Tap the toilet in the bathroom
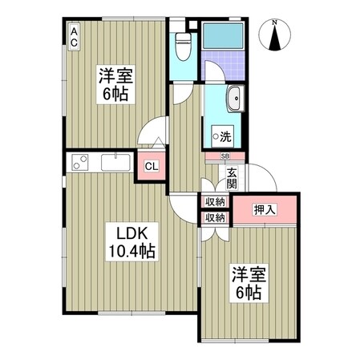pos(182,46)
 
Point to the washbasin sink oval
pos(237,102)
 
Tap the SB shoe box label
pos(225,156)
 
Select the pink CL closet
pos(150,167)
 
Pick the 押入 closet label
pos(265,210)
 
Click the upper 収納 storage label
pos(214,202)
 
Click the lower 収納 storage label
pos(214,217)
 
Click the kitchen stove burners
pos(80,163)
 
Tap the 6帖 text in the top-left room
pos(115,93)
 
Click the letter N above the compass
pos(275,22)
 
